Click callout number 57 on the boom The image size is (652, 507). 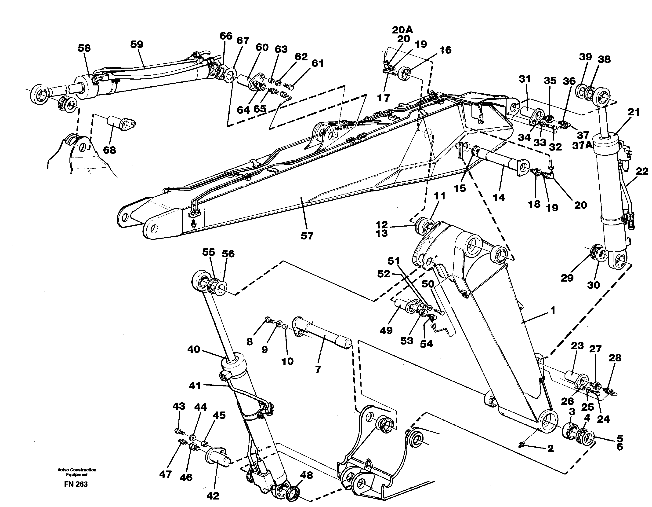[x=307, y=236]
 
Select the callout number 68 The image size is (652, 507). [x=109, y=150]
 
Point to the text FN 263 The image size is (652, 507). [x=76, y=484]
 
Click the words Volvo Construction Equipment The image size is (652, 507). [x=77, y=472]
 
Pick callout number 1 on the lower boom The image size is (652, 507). [x=553, y=311]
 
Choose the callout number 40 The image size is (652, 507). [x=193, y=349]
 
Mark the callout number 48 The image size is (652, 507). [x=306, y=475]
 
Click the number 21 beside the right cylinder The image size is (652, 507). [x=633, y=113]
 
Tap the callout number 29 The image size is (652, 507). [x=567, y=278]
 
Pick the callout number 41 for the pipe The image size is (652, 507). [x=195, y=386]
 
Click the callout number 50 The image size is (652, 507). [x=427, y=284]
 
